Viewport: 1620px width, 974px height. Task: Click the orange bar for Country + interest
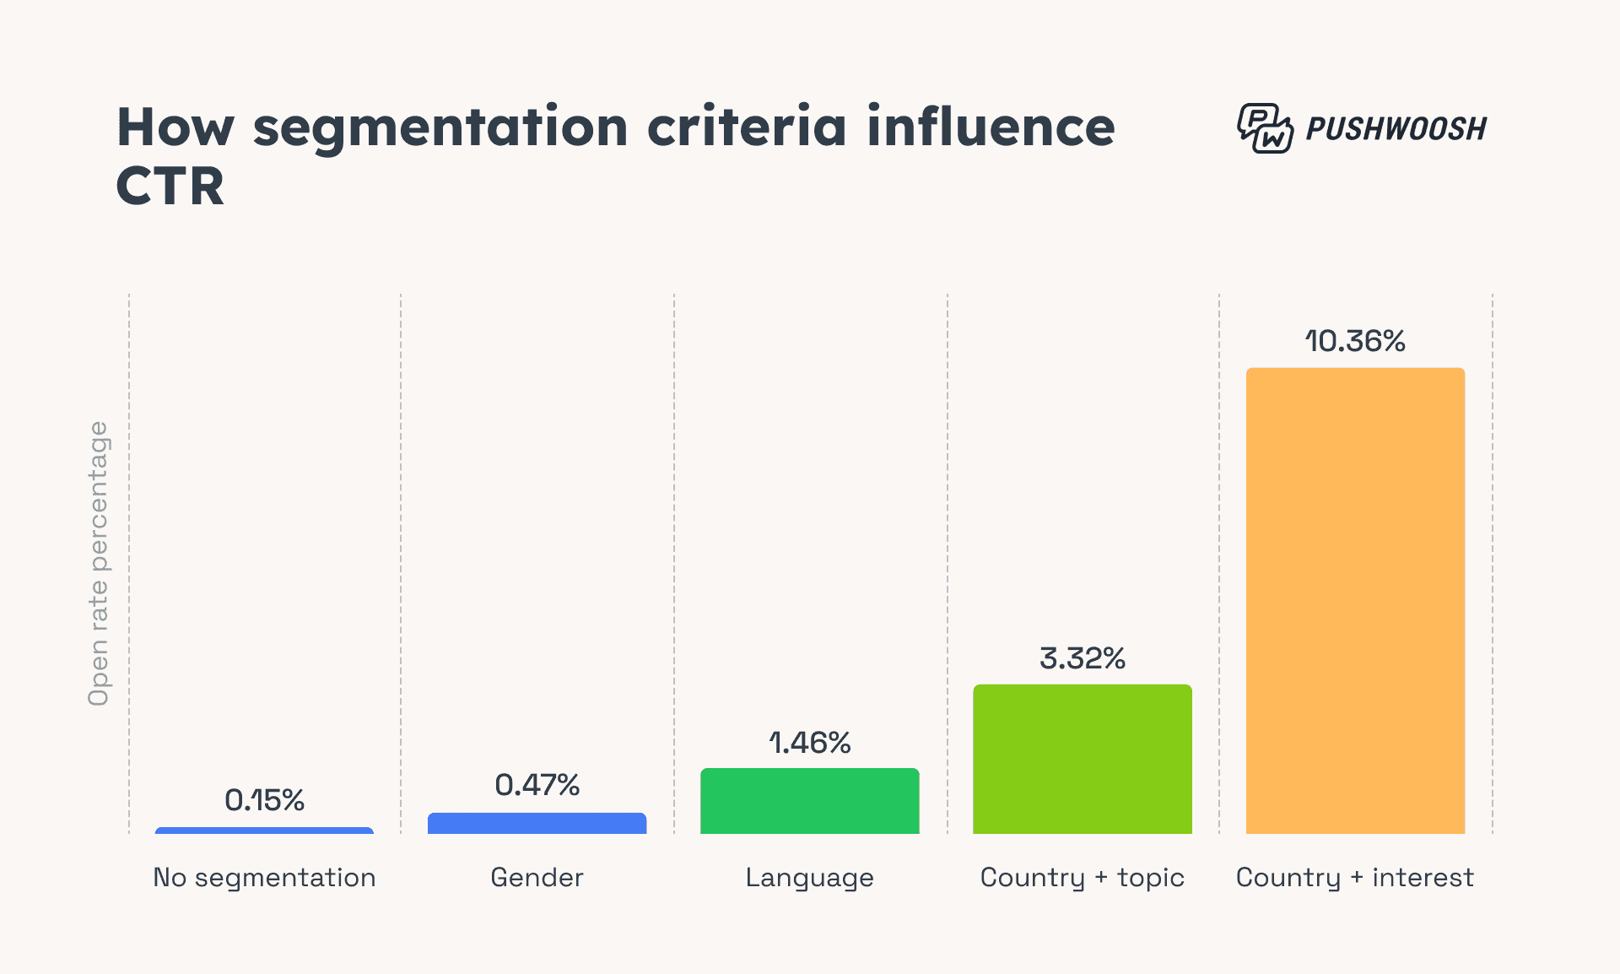[1355, 600]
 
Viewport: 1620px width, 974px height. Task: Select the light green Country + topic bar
[1083, 759]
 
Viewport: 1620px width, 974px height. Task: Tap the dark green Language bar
[809, 800]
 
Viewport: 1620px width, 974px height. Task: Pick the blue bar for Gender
[537, 823]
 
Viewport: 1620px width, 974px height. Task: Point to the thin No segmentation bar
[264, 831]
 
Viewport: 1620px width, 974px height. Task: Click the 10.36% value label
[1355, 341]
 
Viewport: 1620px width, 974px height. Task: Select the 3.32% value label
[1083, 658]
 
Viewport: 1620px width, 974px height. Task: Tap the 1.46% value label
[809, 743]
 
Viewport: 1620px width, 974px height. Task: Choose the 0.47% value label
[537, 785]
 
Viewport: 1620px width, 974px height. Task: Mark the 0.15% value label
[264, 800]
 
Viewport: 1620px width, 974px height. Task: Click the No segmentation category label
[264, 878]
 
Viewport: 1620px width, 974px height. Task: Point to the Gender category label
[537, 878]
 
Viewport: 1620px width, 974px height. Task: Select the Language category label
[809, 878]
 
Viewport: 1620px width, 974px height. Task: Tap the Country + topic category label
[1083, 878]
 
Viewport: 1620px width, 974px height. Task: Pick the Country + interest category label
[1355, 878]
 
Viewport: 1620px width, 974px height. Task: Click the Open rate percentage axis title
[99, 563]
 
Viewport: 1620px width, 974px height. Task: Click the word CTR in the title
[170, 187]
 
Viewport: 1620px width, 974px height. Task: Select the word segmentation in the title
[440, 129]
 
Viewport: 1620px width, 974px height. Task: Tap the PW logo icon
[1265, 128]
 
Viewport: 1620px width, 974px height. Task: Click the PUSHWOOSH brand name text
[1396, 129]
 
